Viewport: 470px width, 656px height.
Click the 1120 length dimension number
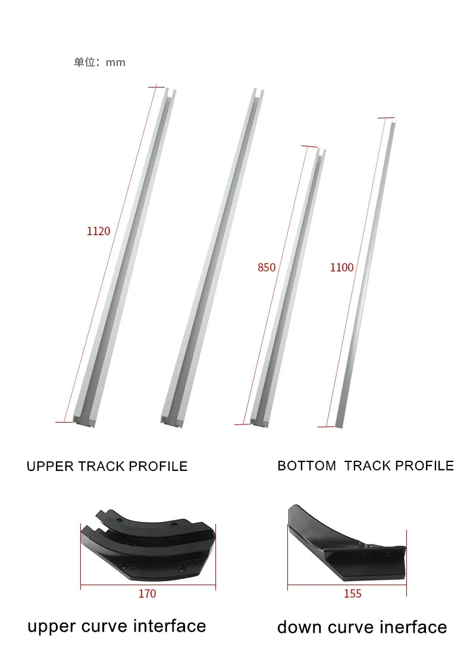[98, 231]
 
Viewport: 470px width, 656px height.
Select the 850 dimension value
[267, 267]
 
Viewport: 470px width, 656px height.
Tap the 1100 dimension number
[341, 267]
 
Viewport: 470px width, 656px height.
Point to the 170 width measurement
[147, 593]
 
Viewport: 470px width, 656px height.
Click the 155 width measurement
[352, 593]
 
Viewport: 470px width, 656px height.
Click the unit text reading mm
[115, 63]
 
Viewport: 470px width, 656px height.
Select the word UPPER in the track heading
[50, 466]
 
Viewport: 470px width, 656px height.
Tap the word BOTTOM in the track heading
[306, 466]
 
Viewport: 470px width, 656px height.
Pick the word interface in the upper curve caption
[170, 626]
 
